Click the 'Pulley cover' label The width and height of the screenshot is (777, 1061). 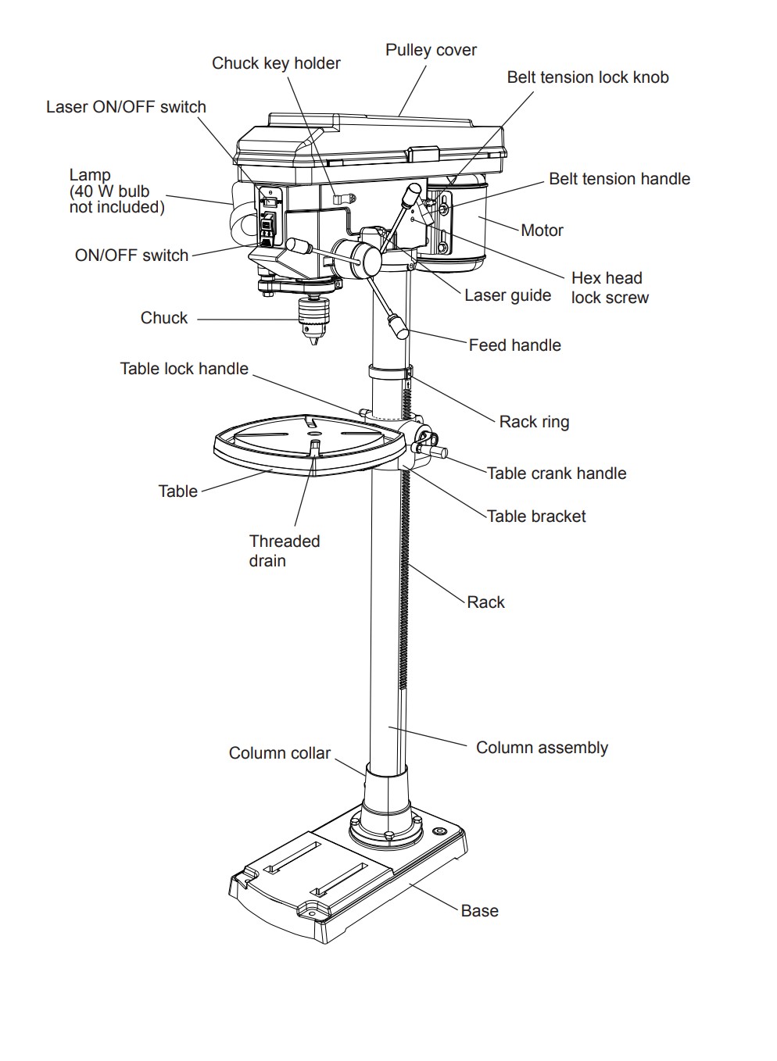tap(431, 50)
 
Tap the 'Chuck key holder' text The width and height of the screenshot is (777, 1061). tap(276, 63)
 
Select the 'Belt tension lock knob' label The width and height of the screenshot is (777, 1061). tap(587, 77)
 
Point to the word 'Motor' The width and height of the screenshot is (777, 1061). tap(542, 230)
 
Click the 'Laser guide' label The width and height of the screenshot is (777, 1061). tap(507, 295)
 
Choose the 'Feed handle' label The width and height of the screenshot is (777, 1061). tap(514, 345)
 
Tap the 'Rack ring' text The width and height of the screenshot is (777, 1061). tap(534, 422)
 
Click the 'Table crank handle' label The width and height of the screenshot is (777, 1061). tap(556, 473)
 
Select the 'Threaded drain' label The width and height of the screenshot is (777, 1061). tap(284, 551)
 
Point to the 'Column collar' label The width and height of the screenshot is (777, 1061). tap(279, 753)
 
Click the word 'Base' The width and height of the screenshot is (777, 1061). tap(479, 911)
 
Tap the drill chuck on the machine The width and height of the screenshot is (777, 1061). tap(313, 318)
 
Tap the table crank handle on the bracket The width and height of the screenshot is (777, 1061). tap(435, 451)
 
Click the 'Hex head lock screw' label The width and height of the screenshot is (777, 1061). tap(609, 288)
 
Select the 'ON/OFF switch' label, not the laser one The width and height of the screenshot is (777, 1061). tap(131, 255)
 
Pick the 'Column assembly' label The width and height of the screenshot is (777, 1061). tap(542, 748)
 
